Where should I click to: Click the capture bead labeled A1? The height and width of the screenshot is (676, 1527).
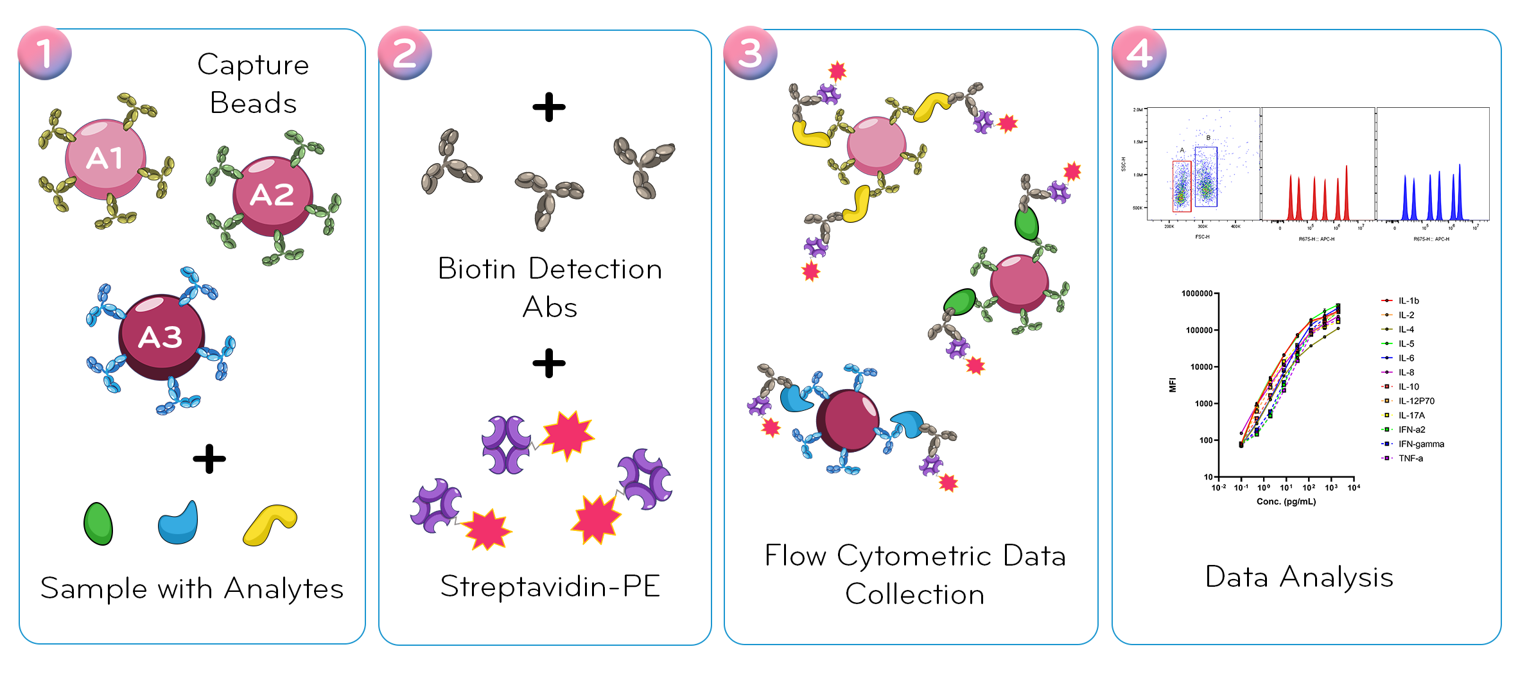click(105, 159)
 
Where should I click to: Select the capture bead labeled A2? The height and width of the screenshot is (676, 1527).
click(272, 195)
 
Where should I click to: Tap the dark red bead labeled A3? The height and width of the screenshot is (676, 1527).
click(161, 337)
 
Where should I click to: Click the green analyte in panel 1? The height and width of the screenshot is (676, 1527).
click(98, 524)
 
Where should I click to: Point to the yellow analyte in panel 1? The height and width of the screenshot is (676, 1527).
click(270, 524)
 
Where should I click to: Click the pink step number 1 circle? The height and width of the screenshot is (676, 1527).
click(44, 53)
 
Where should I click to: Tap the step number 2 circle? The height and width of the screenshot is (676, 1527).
click(405, 53)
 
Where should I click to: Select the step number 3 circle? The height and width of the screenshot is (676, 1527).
click(750, 53)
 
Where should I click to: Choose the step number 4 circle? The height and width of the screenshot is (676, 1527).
click(1139, 53)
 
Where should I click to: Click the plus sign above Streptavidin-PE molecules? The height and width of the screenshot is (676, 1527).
click(549, 363)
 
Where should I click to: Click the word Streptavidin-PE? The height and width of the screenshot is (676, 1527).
click(550, 586)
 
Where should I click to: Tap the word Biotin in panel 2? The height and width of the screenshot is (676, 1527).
click(476, 269)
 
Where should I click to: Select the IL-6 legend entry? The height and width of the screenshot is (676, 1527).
click(1406, 358)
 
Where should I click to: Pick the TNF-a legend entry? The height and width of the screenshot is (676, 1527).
click(1410, 458)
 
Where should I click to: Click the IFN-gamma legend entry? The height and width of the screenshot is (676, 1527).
click(1420, 444)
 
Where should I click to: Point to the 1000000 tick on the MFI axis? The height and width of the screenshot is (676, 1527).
click(1196, 293)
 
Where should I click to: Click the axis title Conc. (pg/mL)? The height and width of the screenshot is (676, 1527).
click(1286, 501)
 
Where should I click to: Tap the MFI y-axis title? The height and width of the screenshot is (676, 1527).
click(1173, 385)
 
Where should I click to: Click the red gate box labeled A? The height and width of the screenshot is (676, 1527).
click(1182, 186)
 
